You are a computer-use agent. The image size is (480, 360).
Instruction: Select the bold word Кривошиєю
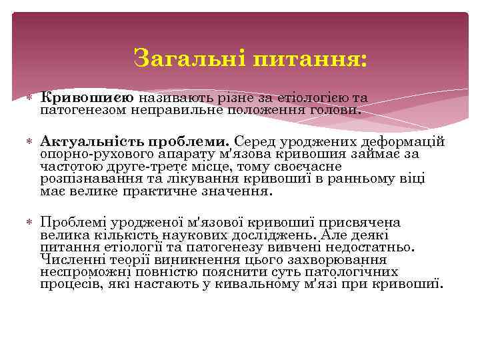tap(87, 98)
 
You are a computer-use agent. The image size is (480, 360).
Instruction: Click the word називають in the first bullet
tap(171, 98)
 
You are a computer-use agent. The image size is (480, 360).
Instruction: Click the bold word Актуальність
tap(87, 142)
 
